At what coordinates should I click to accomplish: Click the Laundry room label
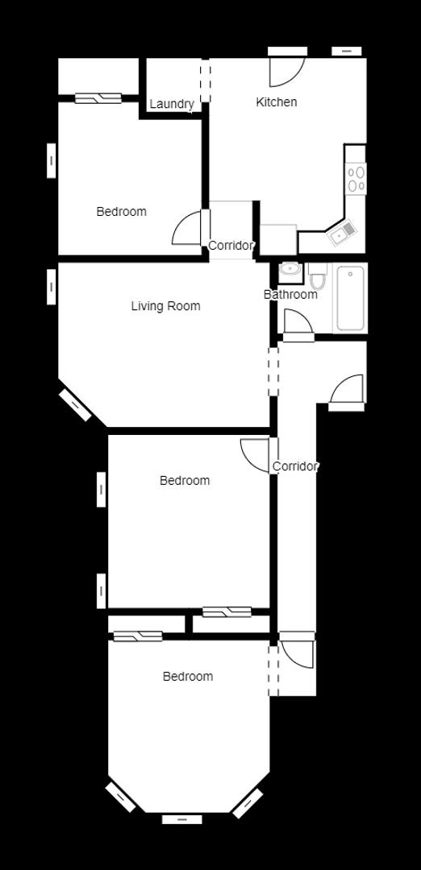(172, 104)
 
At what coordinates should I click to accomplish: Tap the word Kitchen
(276, 102)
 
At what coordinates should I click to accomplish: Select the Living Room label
(165, 306)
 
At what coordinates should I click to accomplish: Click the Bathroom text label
(290, 294)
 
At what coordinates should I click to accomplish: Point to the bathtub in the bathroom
(350, 297)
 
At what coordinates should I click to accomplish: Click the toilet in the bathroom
(318, 275)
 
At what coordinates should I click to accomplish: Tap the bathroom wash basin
(290, 270)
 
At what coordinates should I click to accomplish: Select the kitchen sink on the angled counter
(341, 233)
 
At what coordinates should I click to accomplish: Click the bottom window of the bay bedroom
(182, 819)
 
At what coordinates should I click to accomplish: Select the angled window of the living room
(75, 405)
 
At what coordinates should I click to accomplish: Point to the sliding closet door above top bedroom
(98, 98)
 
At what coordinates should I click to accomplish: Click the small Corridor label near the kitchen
(231, 245)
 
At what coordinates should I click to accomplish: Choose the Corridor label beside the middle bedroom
(295, 466)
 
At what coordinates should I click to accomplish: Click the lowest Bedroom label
(188, 677)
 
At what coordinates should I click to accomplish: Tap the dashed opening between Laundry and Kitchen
(206, 81)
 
